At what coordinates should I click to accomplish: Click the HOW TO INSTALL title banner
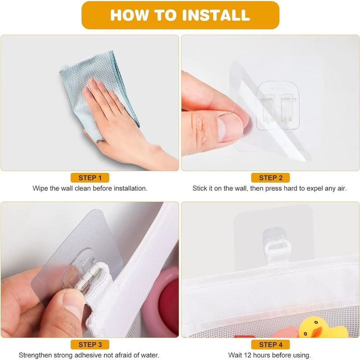pos(180,15)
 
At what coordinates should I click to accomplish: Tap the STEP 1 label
pos(90,178)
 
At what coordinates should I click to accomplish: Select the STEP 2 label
pos(270,178)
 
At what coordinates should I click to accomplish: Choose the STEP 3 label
pos(90,345)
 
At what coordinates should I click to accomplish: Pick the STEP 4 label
pos(270,345)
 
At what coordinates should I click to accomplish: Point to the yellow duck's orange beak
pos(317,332)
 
